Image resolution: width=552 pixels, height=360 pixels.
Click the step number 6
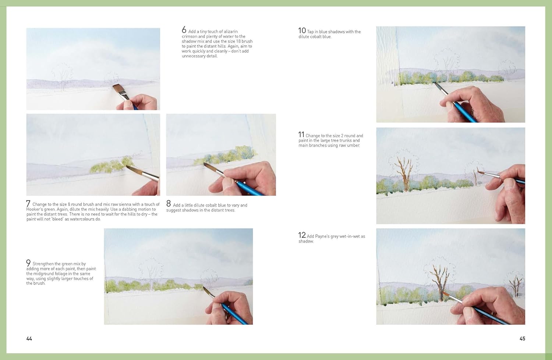(184, 30)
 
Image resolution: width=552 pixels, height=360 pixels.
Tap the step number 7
(28, 203)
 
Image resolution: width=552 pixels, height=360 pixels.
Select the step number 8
(169, 204)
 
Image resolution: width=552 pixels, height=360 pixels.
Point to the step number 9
(28, 263)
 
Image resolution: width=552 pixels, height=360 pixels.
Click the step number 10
(302, 31)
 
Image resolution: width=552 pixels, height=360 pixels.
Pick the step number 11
(301, 135)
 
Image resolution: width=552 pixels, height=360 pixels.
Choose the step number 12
(302, 235)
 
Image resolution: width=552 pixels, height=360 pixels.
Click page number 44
(29, 339)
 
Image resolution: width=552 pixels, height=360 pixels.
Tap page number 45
(522, 339)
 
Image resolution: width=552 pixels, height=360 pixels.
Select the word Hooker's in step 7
(36, 209)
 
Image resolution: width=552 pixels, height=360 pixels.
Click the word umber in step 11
(353, 145)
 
